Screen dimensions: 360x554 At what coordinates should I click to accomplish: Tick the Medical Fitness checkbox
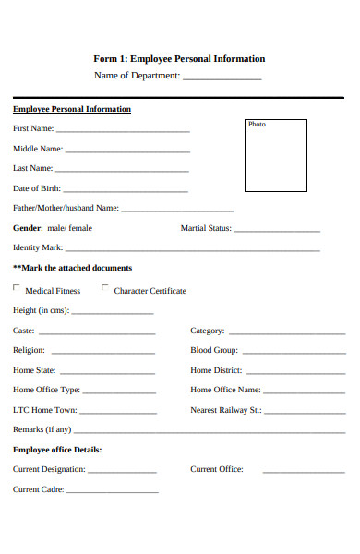17,288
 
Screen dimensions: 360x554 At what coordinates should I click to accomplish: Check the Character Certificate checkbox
105,288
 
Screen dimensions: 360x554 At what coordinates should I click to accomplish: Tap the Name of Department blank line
222,78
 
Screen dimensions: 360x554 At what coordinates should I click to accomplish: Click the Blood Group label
214,351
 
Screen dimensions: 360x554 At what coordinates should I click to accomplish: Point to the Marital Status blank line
278,230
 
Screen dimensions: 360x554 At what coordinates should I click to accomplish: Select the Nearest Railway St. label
226,410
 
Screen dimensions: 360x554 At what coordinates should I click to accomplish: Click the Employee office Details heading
57,450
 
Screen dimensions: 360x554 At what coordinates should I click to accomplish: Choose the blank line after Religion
103,353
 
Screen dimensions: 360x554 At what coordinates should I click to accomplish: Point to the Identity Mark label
38,247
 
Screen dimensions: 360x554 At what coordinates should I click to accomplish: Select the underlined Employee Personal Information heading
72,109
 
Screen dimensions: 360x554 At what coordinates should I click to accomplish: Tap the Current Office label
217,469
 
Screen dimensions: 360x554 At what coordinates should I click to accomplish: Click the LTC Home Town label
45,410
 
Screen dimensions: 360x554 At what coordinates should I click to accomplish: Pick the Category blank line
286,332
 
